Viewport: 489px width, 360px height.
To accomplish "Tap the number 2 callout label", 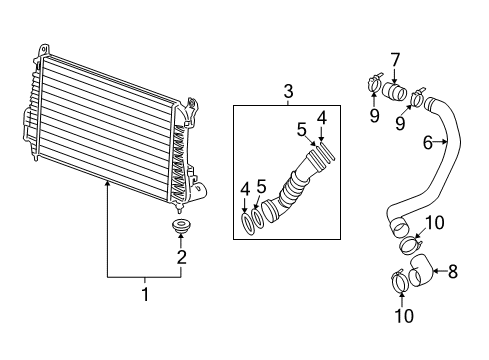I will tap(181, 257).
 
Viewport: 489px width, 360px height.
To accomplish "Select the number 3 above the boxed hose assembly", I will tap(288, 93).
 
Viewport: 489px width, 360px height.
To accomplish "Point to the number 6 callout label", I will tap(426, 143).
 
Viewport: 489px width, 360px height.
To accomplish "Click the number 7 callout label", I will tap(395, 59).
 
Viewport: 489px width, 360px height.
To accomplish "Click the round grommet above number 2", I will tap(181, 230).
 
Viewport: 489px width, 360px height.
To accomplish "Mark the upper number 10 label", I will tap(436, 222).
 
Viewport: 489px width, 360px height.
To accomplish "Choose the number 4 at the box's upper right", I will tap(321, 118).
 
